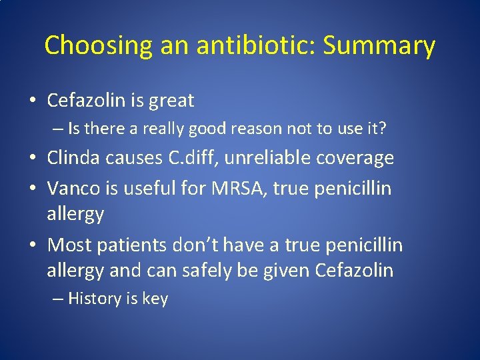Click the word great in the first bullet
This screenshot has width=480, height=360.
[172, 101]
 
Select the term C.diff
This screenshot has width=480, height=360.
[203, 157]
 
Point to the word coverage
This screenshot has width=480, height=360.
[362, 159]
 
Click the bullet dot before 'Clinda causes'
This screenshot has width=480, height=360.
[33, 159]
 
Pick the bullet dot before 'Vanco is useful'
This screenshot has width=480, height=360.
[33, 189]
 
